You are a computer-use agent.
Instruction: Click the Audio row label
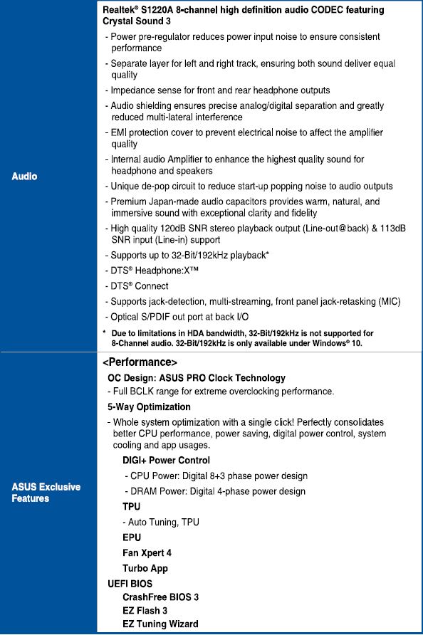point(24,176)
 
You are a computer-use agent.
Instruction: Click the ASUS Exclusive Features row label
point(46,493)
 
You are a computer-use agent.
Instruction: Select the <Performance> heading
point(140,362)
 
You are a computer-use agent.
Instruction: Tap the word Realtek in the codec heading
point(120,10)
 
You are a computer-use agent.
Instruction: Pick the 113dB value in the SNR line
point(392,229)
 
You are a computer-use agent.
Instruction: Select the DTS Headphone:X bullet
point(153,271)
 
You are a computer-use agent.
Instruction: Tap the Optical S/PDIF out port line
point(179,317)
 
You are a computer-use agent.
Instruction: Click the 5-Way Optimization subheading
point(149,407)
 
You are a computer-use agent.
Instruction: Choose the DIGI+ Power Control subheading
point(166,461)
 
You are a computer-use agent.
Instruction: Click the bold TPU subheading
point(131,507)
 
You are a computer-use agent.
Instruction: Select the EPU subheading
point(132,537)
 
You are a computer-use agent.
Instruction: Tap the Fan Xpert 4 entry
point(147,552)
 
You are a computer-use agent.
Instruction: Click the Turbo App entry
point(145,568)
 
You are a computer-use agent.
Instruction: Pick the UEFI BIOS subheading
point(130,584)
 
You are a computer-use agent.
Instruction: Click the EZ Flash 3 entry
point(145,611)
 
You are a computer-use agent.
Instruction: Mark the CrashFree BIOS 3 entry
point(160,597)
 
